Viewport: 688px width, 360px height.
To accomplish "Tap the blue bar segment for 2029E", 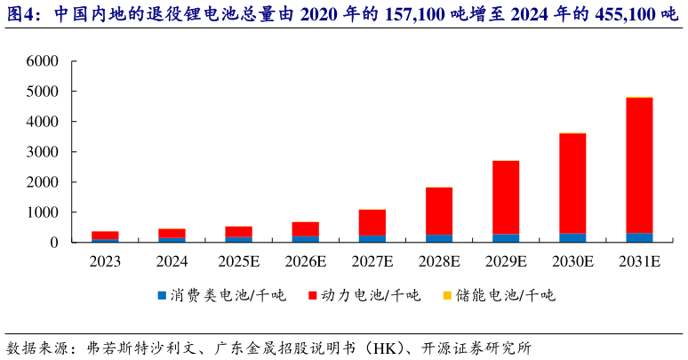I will pyautogui.click(x=506, y=238).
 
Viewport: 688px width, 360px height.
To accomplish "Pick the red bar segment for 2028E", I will pyautogui.click(x=439, y=211).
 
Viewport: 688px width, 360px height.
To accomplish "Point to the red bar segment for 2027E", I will pyautogui.click(x=372, y=222).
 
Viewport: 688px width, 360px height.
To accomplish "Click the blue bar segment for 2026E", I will pyautogui.click(x=306, y=239).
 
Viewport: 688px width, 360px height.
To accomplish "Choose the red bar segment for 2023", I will pyautogui.click(x=106, y=235).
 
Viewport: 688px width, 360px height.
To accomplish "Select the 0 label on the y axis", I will pyautogui.click(x=54, y=243).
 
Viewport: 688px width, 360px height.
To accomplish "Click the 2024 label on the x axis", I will pyautogui.click(x=172, y=262).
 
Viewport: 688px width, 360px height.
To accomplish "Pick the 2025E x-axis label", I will pyautogui.click(x=239, y=262).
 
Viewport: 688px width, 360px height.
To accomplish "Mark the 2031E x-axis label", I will pyautogui.click(x=639, y=262).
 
